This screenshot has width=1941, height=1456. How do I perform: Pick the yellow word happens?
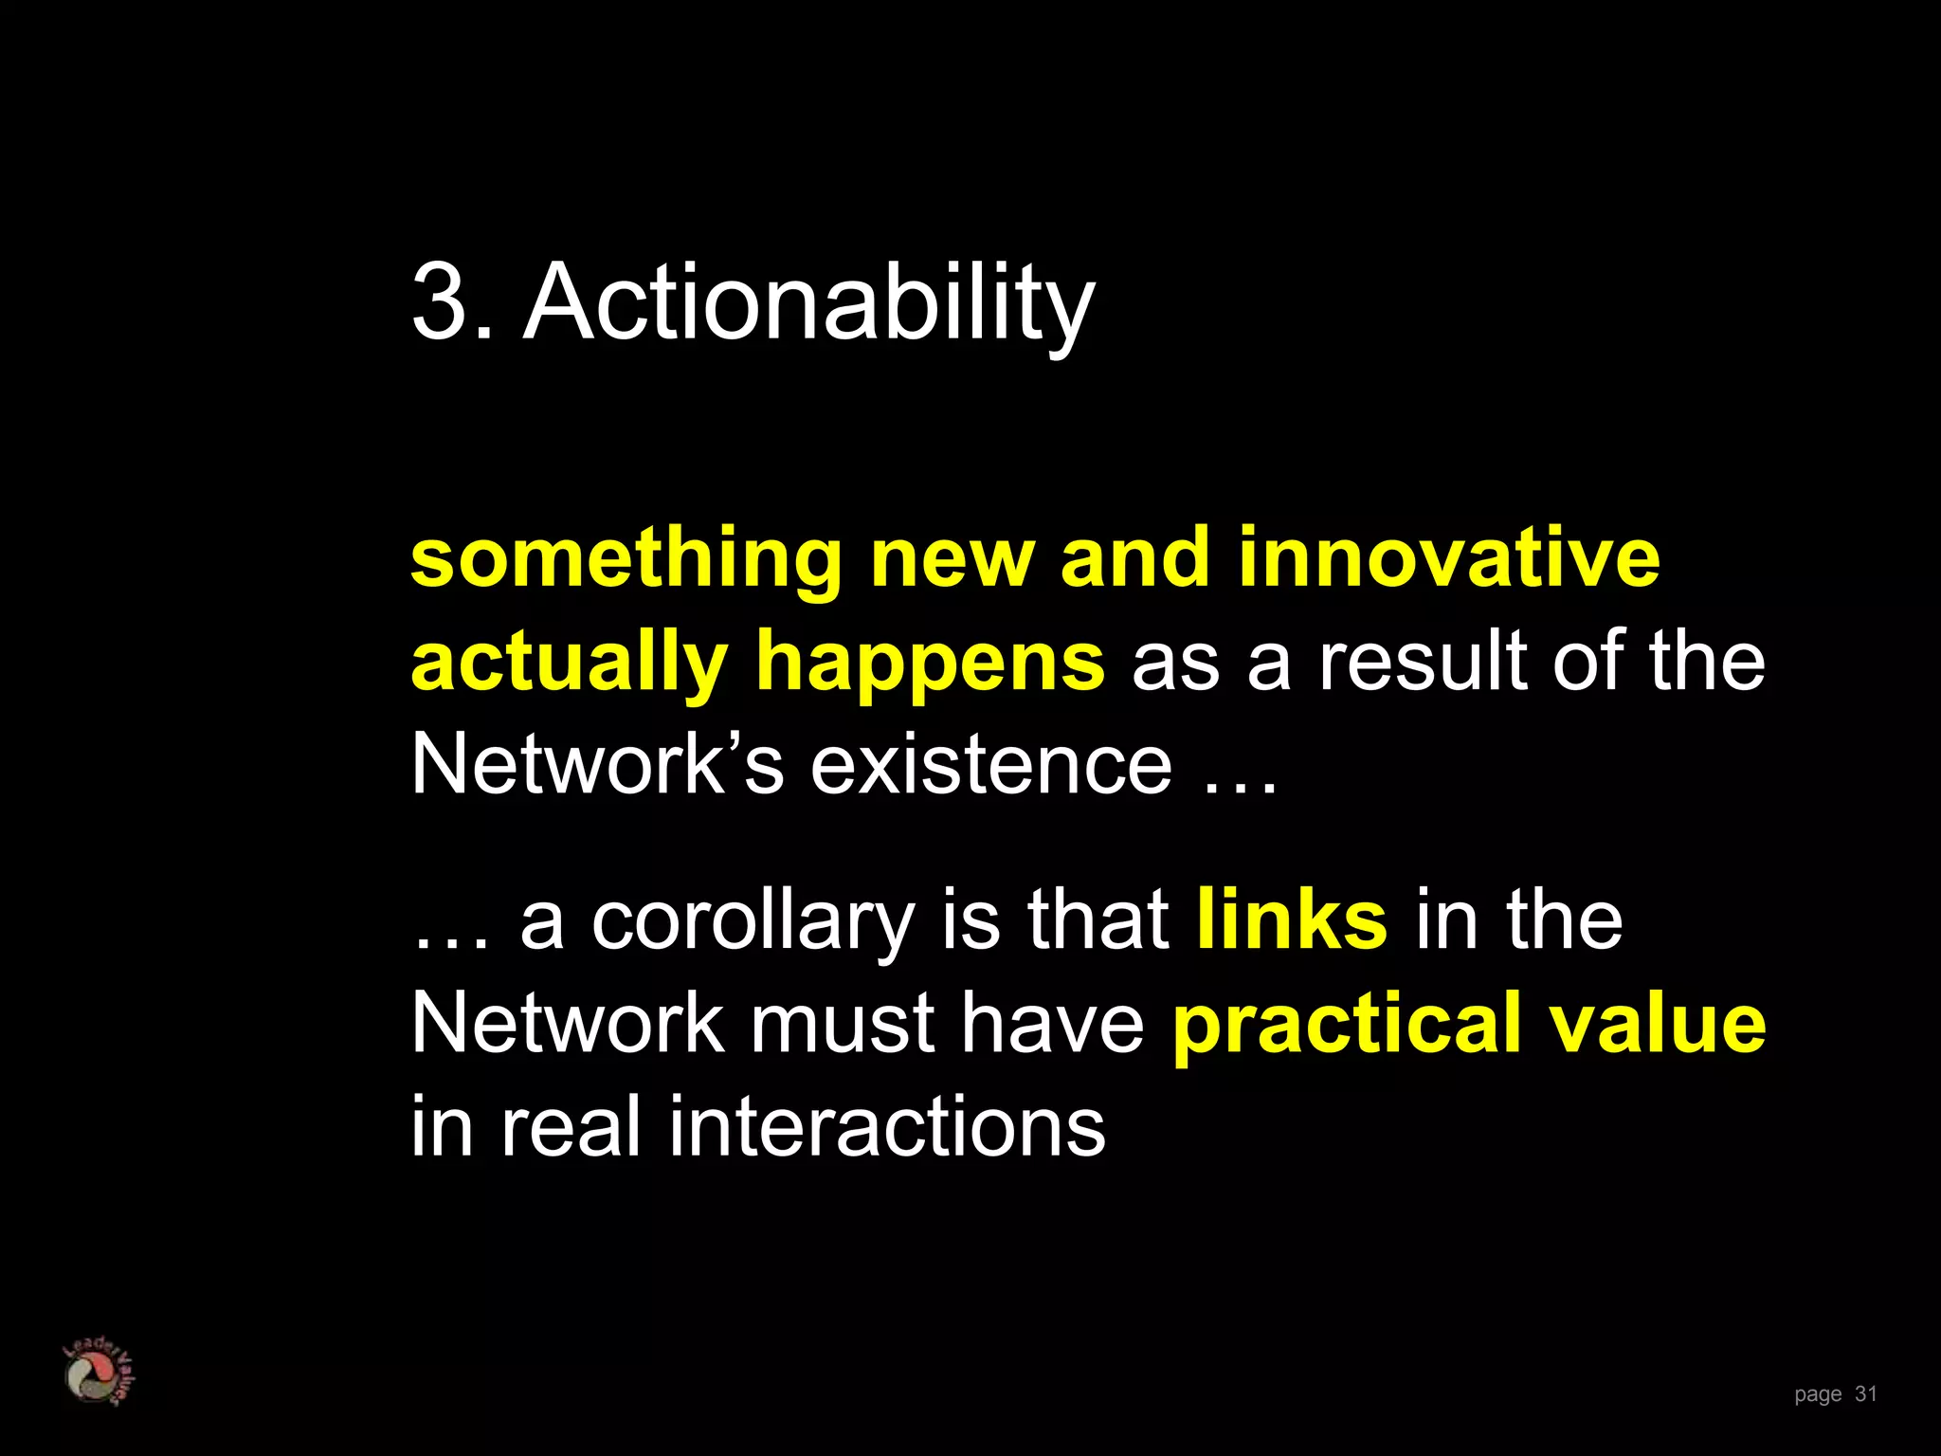pyautogui.click(x=930, y=664)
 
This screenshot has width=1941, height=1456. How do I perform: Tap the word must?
pyautogui.click(x=844, y=1024)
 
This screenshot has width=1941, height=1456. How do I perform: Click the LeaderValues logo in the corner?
pyautogui.click(x=98, y=1372)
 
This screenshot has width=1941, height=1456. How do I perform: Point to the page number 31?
pyautogui.click(x=1865, y=1393)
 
